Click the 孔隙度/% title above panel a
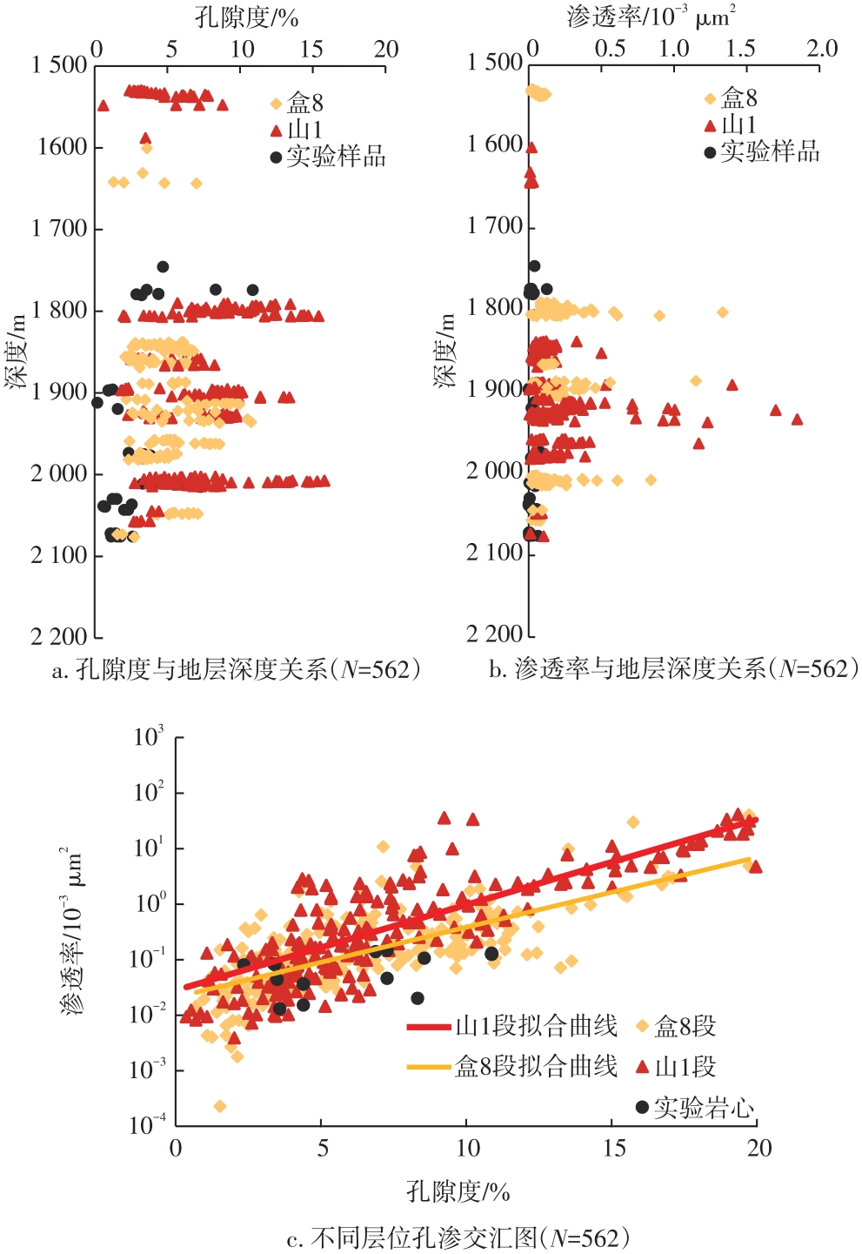click(246, 17)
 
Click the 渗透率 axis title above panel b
click(651, 17)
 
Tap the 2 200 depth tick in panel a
click(59, 637)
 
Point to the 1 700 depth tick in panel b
click(494, 226)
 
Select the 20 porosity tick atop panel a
click(386, 49)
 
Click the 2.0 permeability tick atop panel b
click(822, 48)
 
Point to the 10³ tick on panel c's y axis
click(148, 738)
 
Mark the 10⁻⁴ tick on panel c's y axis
click(148, 1125)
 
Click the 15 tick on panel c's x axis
click(614, 1149)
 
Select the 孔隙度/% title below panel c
click(458, 1191)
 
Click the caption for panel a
click(236, 669)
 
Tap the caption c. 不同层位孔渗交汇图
click(458, 1237)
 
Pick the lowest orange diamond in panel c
click(219, 1106)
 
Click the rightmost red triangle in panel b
click(797, 419)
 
